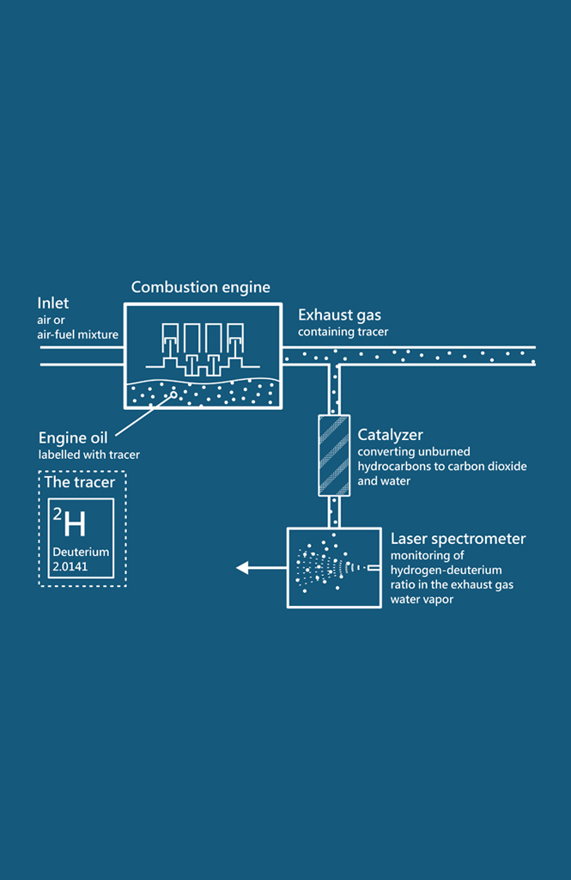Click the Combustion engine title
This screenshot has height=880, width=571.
coord(200,288)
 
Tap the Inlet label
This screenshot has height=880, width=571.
coord(53,303)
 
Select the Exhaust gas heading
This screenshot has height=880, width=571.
coord(339,315)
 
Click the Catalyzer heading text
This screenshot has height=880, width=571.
coord(390,435)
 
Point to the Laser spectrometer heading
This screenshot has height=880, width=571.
coord(458,540)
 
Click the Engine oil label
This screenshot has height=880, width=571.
coord(73,439)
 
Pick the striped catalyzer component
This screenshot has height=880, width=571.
coord(334,455)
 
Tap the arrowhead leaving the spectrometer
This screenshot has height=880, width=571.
coord(243,567)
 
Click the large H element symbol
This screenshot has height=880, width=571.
coord(75,523)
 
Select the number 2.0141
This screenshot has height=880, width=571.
coord(70,567)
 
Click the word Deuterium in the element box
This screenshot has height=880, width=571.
coord(81,552)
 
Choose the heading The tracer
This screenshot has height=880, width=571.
coord(80,483)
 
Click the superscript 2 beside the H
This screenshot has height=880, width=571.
coord(58,514)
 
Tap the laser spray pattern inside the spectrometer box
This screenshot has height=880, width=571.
coord(325,568)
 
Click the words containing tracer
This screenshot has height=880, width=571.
coord(343,332)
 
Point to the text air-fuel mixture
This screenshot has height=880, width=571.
coord(78,334)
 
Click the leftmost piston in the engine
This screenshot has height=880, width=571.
coord(173,337)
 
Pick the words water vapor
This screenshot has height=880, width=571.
coord(422,600)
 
